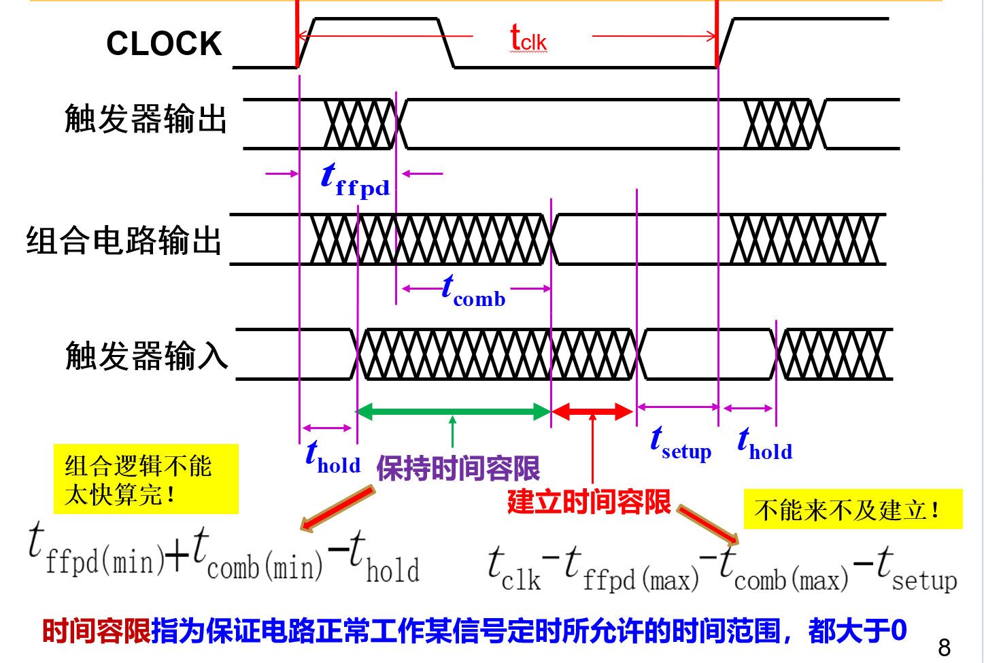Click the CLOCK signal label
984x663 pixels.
164,44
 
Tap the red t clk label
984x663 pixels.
528,38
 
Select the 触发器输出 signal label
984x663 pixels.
146,119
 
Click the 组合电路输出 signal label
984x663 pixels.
124,241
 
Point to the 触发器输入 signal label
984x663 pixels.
146,356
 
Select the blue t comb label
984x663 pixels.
473,291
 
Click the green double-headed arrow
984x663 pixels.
454,411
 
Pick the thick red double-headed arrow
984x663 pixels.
592,411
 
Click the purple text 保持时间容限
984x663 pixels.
458,469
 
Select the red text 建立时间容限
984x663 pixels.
589,503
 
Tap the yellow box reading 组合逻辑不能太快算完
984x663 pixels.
146,479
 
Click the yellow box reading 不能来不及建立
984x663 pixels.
853,509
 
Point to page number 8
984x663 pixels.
944,647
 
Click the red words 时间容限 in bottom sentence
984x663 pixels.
96,631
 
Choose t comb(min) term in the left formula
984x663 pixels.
258,556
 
